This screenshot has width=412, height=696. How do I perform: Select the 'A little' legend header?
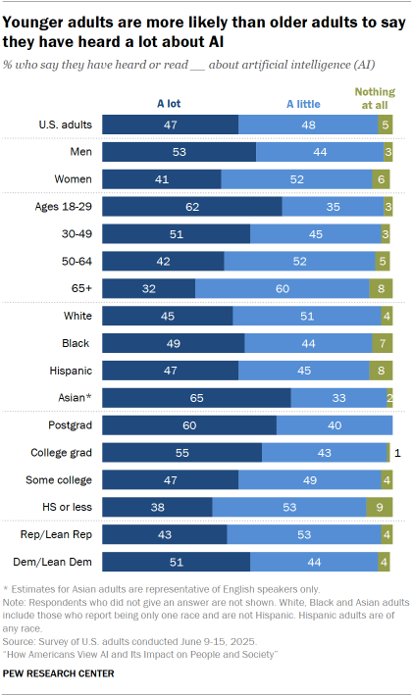304,101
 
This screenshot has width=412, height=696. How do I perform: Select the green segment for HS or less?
380,508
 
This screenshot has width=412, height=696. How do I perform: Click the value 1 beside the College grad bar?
399,453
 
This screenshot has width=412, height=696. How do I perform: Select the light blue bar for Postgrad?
335,425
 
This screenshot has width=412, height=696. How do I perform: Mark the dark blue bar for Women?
162,178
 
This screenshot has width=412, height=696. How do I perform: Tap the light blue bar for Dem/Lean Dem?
314,563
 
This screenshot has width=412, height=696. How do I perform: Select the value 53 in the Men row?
180,151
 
